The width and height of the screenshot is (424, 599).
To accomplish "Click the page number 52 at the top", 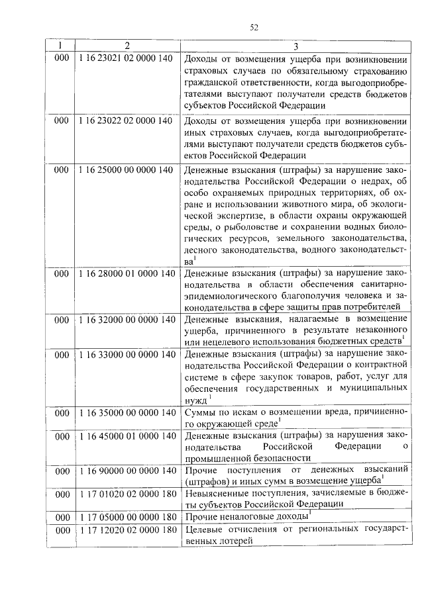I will (254, 27).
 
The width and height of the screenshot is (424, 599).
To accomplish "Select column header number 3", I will (295, 46).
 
